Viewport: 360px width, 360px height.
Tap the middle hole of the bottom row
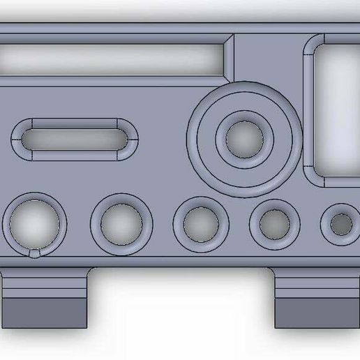click(201, 224)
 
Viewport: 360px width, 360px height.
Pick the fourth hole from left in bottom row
click(274, 224)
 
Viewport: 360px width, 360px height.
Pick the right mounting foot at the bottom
click(317, 300)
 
